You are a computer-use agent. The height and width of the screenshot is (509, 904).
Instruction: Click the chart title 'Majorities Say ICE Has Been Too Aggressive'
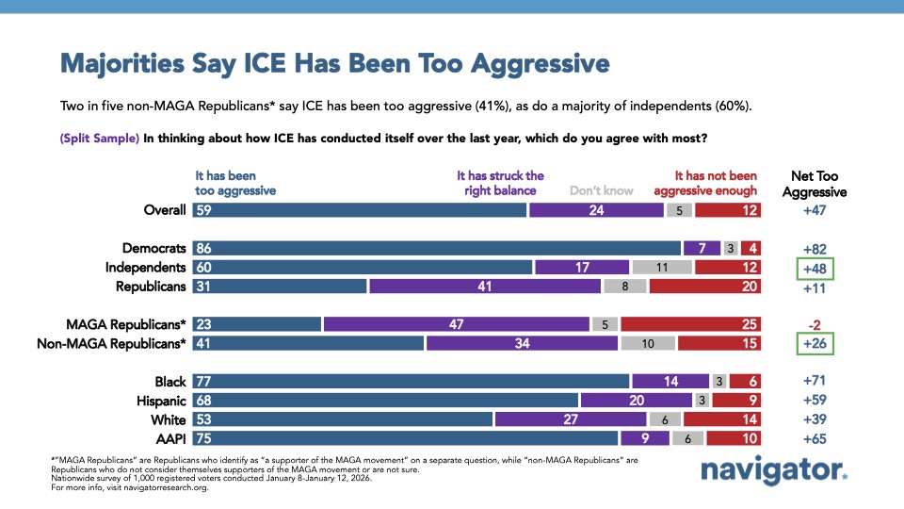pyautogui.click(x=334, y=64)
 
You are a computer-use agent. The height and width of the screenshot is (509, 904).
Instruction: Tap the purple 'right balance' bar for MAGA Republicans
pyautogui.click(x=456, y=324)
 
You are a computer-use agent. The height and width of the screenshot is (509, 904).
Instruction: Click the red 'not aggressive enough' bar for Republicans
pyautogui.click(x=703, y=286)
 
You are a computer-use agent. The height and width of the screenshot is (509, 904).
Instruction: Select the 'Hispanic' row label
pyautogui.click(x=157, y=401)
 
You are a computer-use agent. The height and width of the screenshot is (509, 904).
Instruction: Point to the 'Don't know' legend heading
pyautogui.click(x=602, y=190)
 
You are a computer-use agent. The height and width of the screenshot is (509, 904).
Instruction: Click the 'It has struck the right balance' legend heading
pyautogui.click(x=500, y=183)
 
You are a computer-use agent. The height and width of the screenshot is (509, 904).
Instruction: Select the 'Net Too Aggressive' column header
pyautogui.click(x=815, y=183)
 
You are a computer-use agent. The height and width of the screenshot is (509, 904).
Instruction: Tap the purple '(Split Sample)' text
pyautogui.click(x=99, y=138)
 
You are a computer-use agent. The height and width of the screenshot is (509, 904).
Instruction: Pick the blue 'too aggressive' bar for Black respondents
pyautogui.click(x=411, y=382)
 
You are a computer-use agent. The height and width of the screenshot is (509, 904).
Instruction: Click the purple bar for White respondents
pyautogui.click(x=570, y=419)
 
